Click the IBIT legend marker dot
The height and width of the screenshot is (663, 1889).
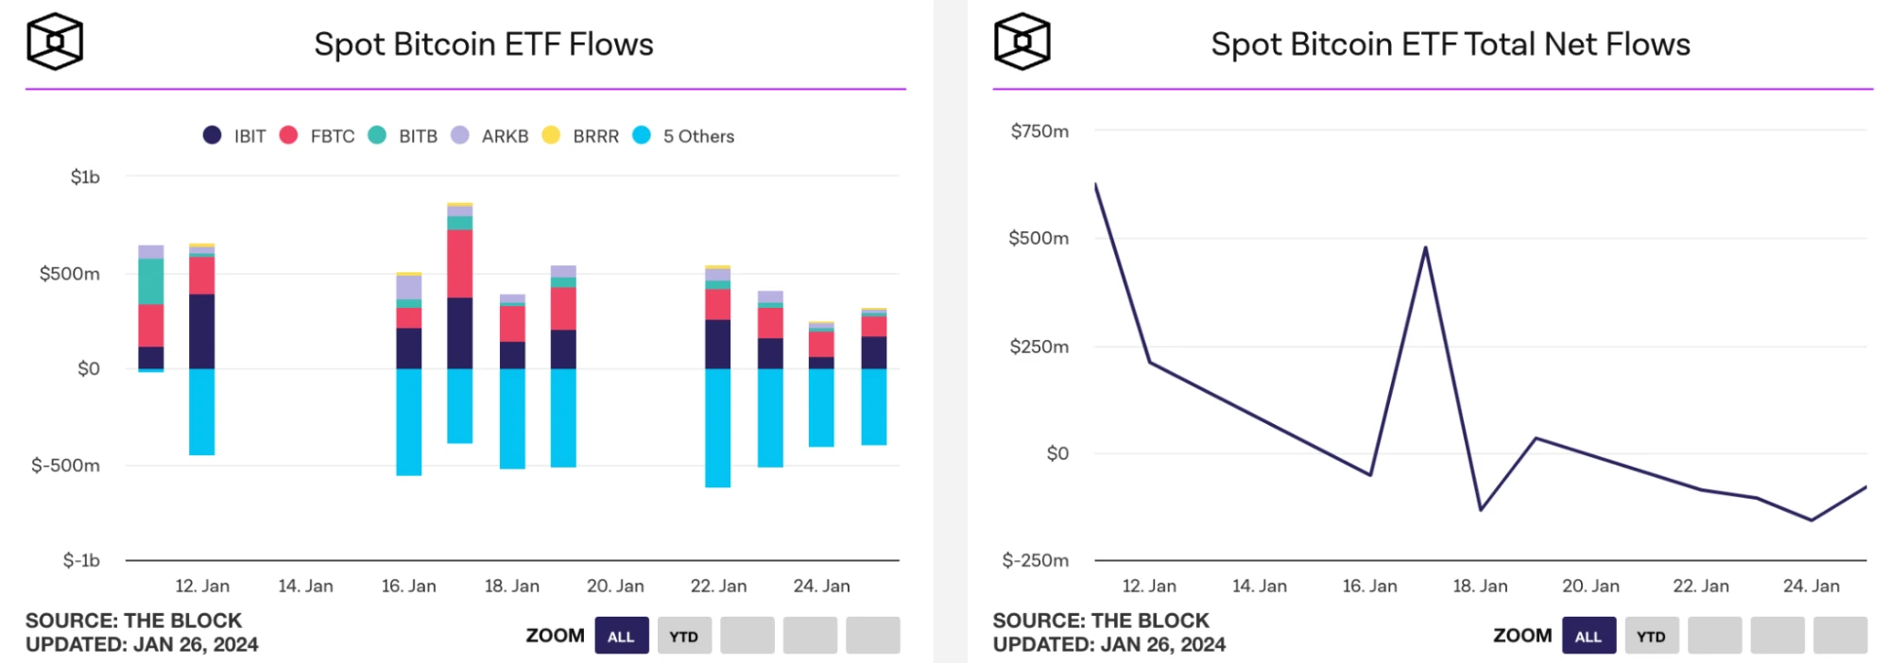(212, 135)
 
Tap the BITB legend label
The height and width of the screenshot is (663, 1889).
(418, 136)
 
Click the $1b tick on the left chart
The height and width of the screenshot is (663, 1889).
(85, 178)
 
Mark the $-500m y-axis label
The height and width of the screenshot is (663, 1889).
(65, 465)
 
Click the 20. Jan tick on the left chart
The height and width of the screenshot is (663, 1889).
(615, 586)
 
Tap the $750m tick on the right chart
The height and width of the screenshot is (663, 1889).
(1039, 131)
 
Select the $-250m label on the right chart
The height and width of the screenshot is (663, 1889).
(1036, 561)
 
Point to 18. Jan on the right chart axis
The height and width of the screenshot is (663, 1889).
(1480, 586)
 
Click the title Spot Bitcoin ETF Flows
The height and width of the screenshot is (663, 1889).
(484, 44)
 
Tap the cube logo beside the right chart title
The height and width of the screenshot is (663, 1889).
(1022, 42)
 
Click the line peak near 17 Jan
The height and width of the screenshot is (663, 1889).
(1425, 248)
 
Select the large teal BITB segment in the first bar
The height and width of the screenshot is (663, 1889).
(151, 281)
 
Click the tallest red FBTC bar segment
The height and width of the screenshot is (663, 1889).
(460, 263)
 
